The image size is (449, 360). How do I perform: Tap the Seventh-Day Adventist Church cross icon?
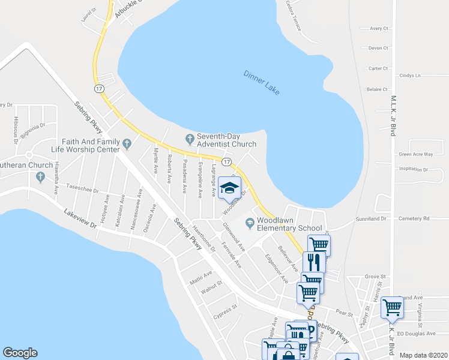click(190, 139)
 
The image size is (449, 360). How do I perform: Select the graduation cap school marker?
click(229, 189)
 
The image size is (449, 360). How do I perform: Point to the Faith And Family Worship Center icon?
click(127, 144)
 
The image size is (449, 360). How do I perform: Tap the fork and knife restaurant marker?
click(315, 262)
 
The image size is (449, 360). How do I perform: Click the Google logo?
click(20, 353)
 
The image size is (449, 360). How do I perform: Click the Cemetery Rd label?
click(418, 218)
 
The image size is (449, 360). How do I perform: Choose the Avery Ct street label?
click(379, 28)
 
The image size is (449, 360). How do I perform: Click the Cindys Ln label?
click(410, 76)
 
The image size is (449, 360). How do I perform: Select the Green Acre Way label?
click(416, 154)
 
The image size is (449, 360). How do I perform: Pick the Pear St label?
click(344, 313)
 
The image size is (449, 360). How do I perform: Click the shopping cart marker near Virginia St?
click(392, 307)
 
